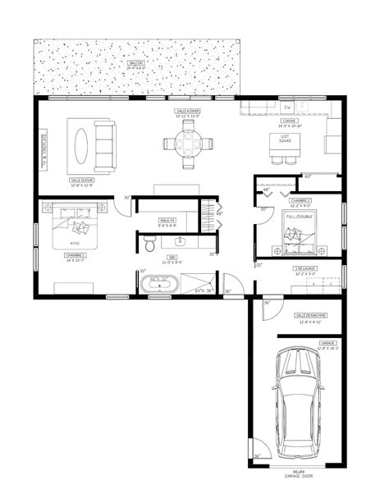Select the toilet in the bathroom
(149, 245)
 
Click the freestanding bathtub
(162, 285)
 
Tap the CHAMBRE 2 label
(299, 200)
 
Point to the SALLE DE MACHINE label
(307, 315)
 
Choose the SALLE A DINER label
(188, 110)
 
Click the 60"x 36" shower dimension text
(203, 290)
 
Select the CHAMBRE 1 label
(75, 255)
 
